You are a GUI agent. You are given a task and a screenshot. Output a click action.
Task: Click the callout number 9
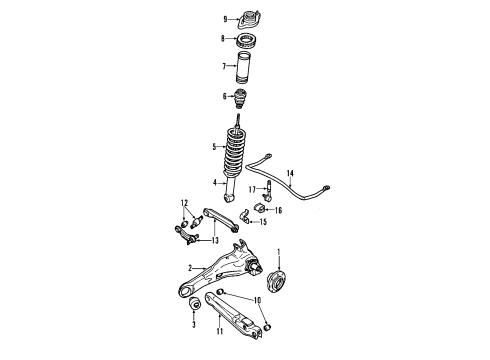click(224, 18)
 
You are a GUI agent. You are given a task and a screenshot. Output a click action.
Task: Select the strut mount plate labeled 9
click(244, 18)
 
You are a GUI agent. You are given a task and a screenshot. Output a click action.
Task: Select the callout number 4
click(213, 182)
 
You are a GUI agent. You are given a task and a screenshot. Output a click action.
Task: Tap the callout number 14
click(291, 175)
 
